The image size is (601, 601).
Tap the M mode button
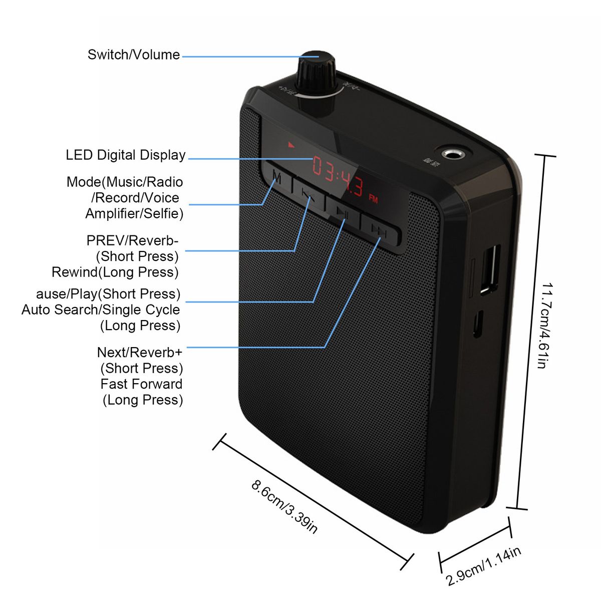click(x=276, y=177)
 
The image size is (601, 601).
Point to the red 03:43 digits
click(x=338, y=176)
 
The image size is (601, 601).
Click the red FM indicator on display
click(x=373, y=198)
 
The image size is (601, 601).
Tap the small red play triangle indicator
click(x=291, y=145)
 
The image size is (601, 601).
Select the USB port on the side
click(x=489, y=268)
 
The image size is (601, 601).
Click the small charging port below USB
click(x=478, y=324)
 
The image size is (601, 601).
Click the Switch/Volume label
click(x=133, y=55)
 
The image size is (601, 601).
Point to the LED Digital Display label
click(x=126, y=155)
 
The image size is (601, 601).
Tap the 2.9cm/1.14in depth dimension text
click(x=483, y=566)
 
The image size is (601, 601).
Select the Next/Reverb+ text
click(x=140, y=353)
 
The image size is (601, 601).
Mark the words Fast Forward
click(x=141, y=384)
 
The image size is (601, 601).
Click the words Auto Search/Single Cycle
click(x=101, y=310)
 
